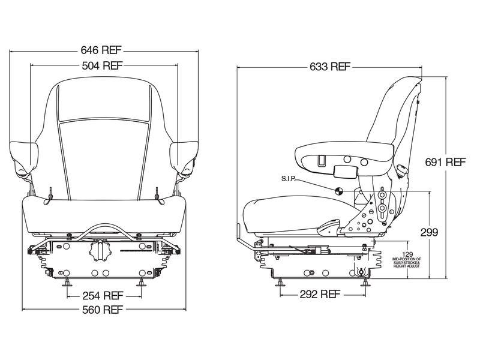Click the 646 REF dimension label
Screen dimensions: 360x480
pyautogui.click(x=103, y=51)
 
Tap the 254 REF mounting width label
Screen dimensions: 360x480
pyautogui.click(x=103, y=295)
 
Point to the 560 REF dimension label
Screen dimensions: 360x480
pyautogui.click(x=103, y=310)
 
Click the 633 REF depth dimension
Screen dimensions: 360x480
pyautogui.click(x=329, y=66)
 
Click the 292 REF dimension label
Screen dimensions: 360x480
pyautogui.click(x=320, y=295)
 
